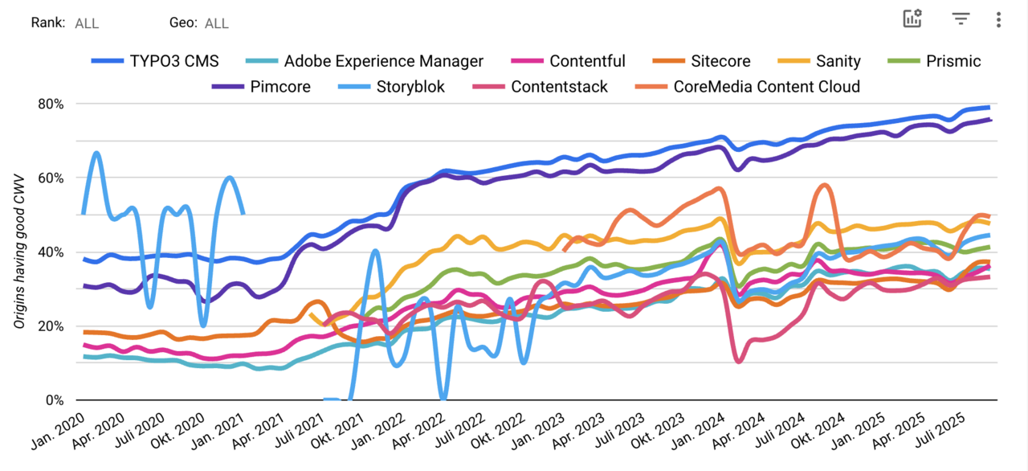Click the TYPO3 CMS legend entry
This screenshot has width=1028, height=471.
(x=174, y=61)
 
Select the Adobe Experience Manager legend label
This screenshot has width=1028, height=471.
(x=383, y=61)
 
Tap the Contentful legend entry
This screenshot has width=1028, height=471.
(x=587, y=61)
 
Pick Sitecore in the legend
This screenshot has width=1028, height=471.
(x=720, y=61)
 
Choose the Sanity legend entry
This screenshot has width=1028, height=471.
(x=838, y=61)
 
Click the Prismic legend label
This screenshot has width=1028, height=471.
(x=953, y=61)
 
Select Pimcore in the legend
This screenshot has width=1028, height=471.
(x=279, y=87)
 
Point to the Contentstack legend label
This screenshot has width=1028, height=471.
(x=559, y=87)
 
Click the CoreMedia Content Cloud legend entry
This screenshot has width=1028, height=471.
(x=766, y=87)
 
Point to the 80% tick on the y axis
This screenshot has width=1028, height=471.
(x=51, y=104)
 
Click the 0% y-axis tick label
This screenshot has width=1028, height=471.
(x=55, y=399)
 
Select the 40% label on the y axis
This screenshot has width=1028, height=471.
(x=51, y=252)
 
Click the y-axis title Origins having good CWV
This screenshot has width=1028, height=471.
(x=18, y=252)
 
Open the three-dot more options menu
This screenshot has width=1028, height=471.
(x=998, y=19)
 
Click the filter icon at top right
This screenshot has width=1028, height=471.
(x=961, y=18)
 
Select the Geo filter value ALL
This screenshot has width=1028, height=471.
(x=216, y=23)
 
